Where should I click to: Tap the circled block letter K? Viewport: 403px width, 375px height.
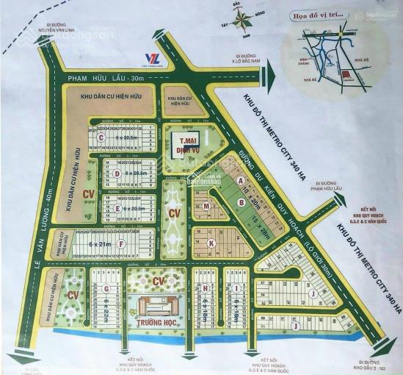pos(211,243)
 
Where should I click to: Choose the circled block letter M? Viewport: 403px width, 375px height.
pos(207,207)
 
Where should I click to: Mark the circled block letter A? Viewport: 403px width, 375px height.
pos(242,181)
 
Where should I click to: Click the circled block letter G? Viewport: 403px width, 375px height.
pos(106,288)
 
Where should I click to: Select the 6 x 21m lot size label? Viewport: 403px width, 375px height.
pos(99,242)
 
